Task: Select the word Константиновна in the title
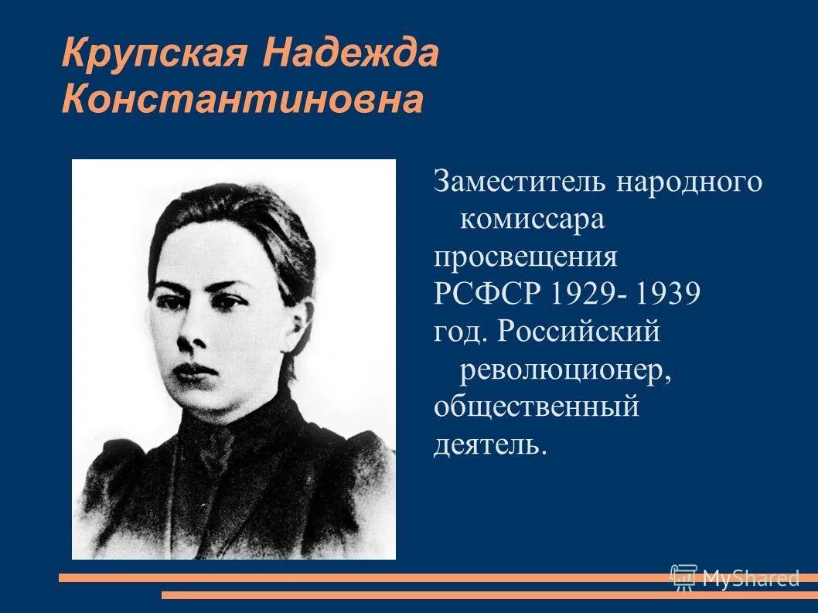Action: [243, 101]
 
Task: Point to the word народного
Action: [690, 183]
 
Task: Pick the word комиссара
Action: [532, 220]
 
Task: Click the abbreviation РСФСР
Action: [489, 295]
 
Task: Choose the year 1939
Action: [670, 295]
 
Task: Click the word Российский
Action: [579, 332]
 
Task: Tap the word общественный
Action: [536, 407]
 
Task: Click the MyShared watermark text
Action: [750, 577]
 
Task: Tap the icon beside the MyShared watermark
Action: [683, 577]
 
